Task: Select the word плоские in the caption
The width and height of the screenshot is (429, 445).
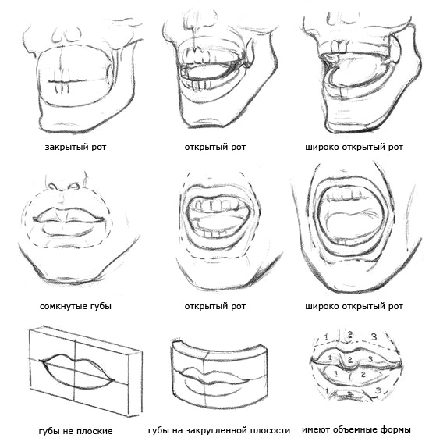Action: (x=95, y=431)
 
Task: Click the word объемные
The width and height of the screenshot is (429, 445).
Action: (x=354, y=429)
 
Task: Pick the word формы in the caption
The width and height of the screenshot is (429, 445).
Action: (x=395, y=430)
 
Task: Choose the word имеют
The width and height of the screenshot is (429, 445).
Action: (x=316, y=429)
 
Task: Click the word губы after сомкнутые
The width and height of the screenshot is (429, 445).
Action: (x=101, y=307)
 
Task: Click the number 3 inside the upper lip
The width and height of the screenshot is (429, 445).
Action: (x=370, y=359)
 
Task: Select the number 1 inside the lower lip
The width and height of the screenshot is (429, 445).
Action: (x=335, y=374)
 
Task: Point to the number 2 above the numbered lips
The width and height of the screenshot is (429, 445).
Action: (x=350, y=335)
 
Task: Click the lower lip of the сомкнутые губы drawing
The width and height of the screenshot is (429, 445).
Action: (x=69, y=228)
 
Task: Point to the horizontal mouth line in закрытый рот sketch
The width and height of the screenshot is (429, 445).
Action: (x=67, y=82)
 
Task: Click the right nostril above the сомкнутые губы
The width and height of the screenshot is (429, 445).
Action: (x=74, y=187)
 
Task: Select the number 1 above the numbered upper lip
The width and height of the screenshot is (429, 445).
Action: (x=326, y=337)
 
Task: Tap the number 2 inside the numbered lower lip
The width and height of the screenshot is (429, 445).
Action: (x=363, y=375)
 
